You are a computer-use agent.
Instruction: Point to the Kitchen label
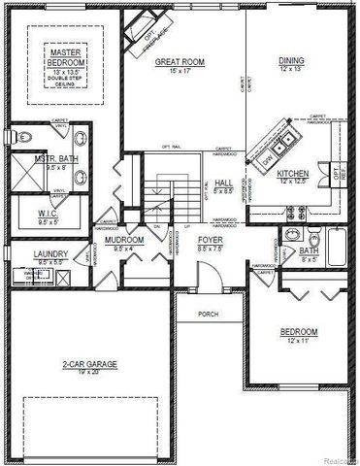[292, 175]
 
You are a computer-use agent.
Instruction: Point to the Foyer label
[210, 239]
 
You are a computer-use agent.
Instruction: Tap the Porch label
[208, 315]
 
